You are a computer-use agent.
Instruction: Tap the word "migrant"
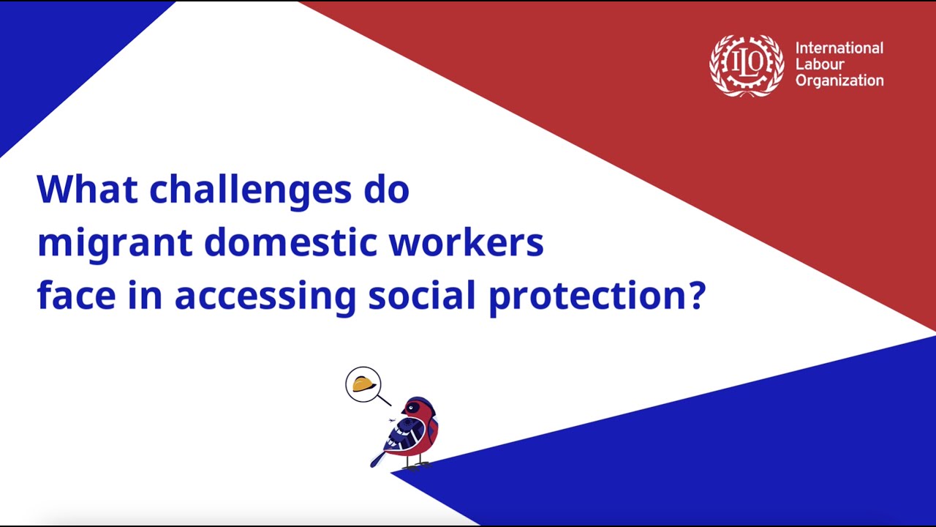click(114, 244)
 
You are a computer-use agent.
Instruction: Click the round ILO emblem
click(747, 65)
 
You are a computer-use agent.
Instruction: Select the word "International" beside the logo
click(839, 48)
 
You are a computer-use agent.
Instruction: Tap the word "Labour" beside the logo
click(820, 64)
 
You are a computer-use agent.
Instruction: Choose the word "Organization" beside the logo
click(839, 81)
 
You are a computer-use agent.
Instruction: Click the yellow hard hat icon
click(363, 384)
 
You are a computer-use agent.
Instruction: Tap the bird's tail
click(378, 458)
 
